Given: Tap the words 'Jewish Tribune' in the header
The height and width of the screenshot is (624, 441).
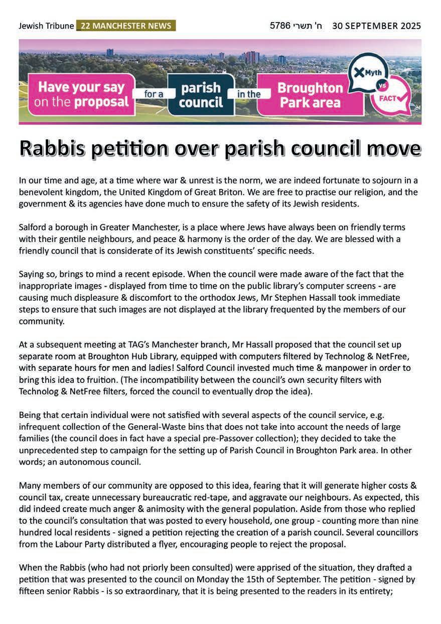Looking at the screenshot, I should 46,26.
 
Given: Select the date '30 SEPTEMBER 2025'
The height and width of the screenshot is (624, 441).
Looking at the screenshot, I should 376,26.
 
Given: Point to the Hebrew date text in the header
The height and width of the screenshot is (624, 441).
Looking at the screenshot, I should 296,26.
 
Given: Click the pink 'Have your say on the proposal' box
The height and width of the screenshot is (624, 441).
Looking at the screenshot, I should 81,94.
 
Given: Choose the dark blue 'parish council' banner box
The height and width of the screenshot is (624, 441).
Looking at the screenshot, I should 201,95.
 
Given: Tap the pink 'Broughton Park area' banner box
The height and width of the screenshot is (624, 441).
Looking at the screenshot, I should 310,95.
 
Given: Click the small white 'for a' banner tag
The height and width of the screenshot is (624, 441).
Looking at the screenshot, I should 151,94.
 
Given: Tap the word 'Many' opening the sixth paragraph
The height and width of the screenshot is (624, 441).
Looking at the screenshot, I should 30,485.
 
